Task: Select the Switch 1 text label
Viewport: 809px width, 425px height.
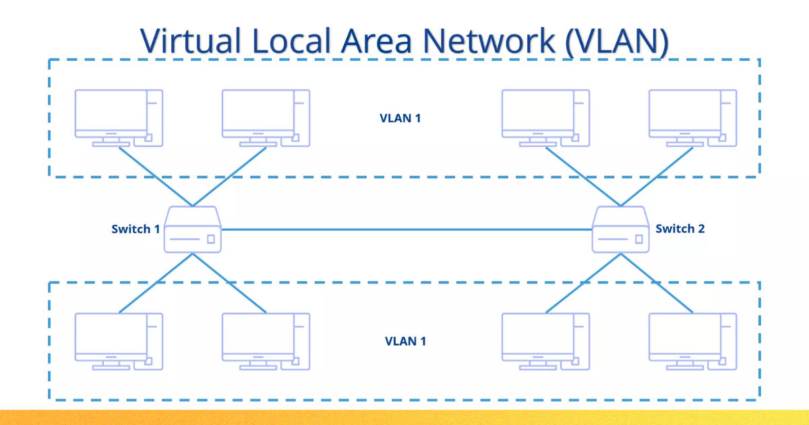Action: click(x=136, y=229)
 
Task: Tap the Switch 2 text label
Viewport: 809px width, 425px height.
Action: click(x=680, y=229)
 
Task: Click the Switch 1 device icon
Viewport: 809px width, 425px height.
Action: click(x=193, y=230)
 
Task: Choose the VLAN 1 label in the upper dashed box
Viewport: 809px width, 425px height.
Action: click(x=400, y=118)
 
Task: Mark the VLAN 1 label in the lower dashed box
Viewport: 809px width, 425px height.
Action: click(x=405, y=341)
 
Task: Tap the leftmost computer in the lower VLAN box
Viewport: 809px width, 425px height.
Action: click(x=119, y=341)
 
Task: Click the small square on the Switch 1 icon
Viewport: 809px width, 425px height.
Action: click(x=211, y=239)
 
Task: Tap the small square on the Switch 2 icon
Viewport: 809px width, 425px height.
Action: click(x=638, y=239)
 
